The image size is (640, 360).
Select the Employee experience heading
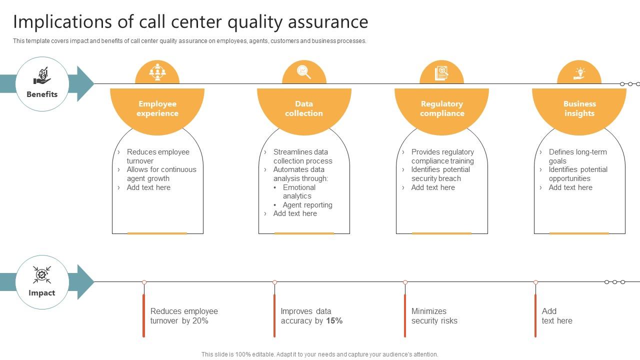[157, 108]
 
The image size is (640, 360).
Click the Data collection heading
[304, 108]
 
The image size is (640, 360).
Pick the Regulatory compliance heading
[442, 108]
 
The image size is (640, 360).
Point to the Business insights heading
[579, 108]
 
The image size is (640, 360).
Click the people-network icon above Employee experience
[157, 72]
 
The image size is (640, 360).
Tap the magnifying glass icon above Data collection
[304, 72]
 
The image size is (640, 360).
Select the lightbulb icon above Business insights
[579, 73]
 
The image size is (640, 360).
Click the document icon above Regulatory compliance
[441, 73]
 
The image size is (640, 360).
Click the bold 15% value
[334, 321]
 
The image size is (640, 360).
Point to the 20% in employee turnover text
[200, 321]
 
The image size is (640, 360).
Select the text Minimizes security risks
[434, 316]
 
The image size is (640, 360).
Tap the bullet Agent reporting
[307, 205]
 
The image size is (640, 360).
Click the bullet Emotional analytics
[298, 192]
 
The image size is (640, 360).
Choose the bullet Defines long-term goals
[577, 156]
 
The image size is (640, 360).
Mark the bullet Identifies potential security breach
[440, 174]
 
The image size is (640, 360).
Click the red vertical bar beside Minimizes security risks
[405, 315]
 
